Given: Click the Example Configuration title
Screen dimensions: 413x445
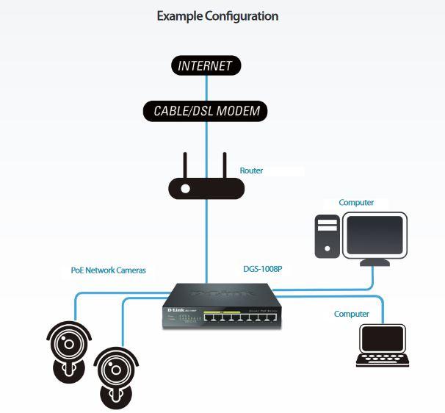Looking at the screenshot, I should [x=217, y=15].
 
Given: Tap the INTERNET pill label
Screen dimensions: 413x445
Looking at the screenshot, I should [x=206, y=65].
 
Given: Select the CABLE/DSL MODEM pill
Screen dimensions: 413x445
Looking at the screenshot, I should [x=206, y=112].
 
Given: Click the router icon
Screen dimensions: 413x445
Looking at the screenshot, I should [x=206, y=188].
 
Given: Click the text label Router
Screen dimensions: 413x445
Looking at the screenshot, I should [x=251, y=170].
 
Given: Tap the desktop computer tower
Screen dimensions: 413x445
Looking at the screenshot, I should [x=327, y=237].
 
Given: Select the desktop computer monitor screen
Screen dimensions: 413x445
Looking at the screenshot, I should [x=375, y=235].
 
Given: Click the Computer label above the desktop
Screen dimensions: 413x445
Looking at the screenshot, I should [x=356, y=202].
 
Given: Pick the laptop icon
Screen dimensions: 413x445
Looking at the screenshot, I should [x=382, y=345].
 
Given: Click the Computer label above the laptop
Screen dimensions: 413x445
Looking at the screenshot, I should [x=352, y=314].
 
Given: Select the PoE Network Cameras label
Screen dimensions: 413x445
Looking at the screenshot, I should [x=108, y=270].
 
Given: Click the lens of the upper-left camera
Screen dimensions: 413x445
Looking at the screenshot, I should [x=69, y=341].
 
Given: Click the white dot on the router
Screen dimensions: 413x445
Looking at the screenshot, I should [x=186, y=189].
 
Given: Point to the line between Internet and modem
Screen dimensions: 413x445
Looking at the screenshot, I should [x=206, y=89].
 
